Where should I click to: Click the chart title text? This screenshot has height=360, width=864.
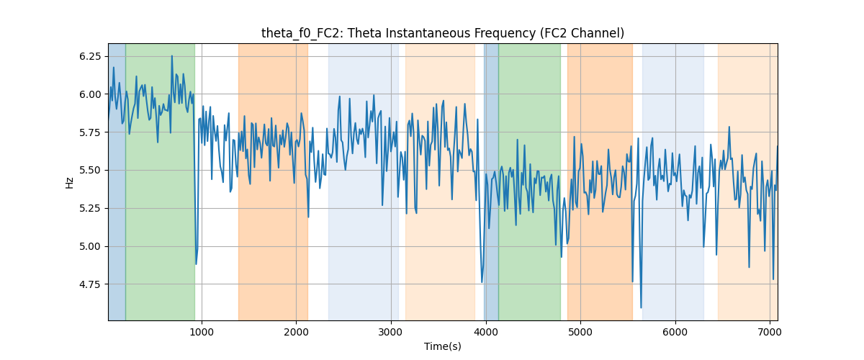(442, 34)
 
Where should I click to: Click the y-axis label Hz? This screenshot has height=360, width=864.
(69, 183)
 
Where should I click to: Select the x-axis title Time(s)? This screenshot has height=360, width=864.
(442, 346)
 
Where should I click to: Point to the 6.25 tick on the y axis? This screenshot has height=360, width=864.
(90, 57)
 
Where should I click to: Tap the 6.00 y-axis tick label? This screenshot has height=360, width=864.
(90, 94)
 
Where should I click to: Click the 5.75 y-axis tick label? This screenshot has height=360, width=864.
(90, 132)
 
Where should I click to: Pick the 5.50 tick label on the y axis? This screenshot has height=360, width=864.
(90, 171)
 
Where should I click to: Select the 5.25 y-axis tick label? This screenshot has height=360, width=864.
(90, 209)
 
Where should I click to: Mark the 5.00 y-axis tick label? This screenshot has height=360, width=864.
(90, 246)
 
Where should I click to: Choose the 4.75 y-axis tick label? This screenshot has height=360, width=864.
(90, 284)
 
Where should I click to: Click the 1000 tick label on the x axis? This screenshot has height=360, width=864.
(202, 333)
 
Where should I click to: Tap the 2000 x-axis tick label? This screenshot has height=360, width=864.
(296, 333)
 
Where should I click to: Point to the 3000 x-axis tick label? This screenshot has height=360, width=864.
(391, 333)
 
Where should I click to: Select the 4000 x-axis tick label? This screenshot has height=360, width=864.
(486, 333)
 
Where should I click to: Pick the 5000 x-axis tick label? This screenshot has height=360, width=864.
(580, 333)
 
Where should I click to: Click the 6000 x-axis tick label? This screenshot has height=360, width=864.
(675, 333)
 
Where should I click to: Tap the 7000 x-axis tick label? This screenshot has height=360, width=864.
(770, 333)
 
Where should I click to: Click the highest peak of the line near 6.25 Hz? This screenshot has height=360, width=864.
(172, 56)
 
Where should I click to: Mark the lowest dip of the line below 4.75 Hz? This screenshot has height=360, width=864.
(641, 307)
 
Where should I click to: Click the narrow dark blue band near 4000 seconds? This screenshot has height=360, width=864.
(491, 181)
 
